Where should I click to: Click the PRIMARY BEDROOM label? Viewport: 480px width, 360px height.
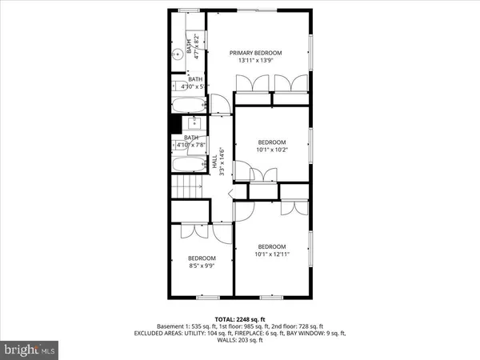coord(256,53)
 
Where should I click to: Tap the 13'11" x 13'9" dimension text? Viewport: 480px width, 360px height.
coord(256,61)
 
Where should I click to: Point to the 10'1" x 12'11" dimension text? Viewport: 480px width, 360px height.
coord(272,254)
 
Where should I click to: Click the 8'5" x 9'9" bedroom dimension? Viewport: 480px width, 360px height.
coord(202,266)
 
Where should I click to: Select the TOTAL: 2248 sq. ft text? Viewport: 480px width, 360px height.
coord(239,318)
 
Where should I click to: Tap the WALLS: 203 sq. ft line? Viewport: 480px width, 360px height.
coord(239,342)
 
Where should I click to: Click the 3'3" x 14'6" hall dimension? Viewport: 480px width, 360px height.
coord(221,160)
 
